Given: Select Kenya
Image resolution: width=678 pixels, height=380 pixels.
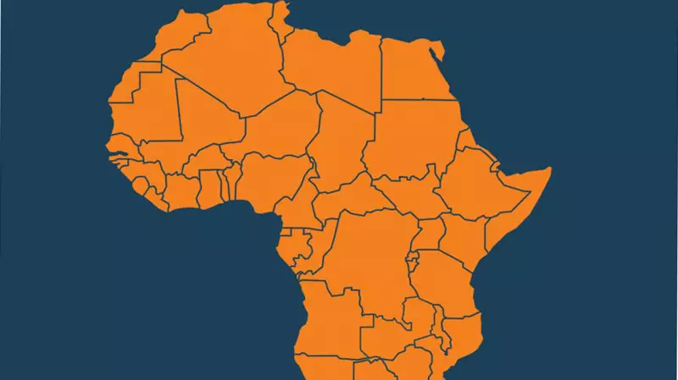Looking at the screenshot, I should tap(462, 233).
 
